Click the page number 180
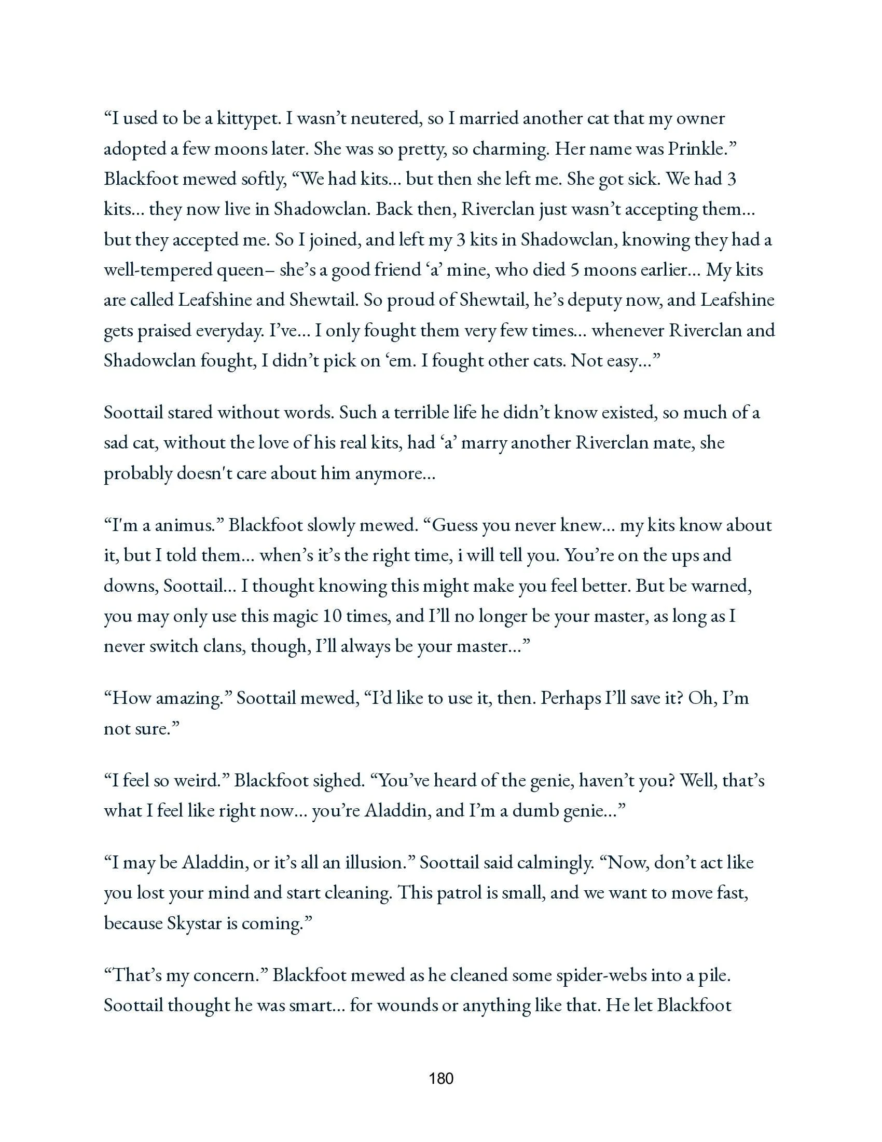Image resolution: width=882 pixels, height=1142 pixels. (440, 1078)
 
